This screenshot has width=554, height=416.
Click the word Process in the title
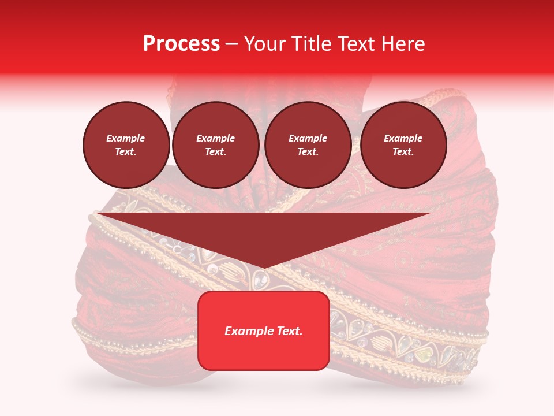click(x=181, y=44)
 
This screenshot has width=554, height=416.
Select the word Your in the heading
click(x=264, y=44)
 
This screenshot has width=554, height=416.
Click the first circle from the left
click(x=126, y=145)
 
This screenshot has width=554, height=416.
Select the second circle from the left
click(x=216, y=145)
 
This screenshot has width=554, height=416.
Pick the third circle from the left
click(x=308, y=145)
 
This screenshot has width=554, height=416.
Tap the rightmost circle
click(x=403, y=145)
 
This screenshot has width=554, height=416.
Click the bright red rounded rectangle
click(x=264, y=330)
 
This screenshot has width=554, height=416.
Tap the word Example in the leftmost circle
click(x=126, y=139)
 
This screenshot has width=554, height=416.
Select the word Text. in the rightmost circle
click(x=403, y=152)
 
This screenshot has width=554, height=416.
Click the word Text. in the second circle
click(x=216, y=152)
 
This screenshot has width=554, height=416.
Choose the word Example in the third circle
click(x=308, y=139)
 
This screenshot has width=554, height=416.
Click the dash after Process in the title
click(x=231, y=44)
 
